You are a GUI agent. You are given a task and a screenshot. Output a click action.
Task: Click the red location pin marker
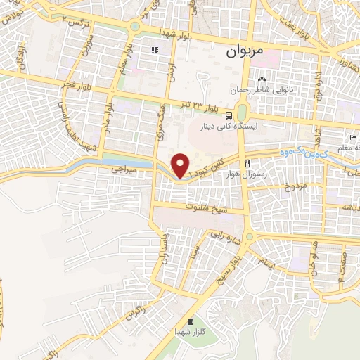click(x=181, y=165)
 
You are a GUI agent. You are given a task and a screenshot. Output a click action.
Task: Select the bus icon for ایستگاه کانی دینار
click(x=229, y=115)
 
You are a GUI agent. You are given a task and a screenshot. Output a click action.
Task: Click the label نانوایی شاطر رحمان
click(x=263, y=90)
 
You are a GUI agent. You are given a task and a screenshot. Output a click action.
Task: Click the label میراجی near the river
click(x=124, y=169)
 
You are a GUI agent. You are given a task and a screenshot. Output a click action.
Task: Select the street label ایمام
click(x=265, y=261)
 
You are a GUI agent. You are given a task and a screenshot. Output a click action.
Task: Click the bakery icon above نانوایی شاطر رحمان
click(x=262, y=79)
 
